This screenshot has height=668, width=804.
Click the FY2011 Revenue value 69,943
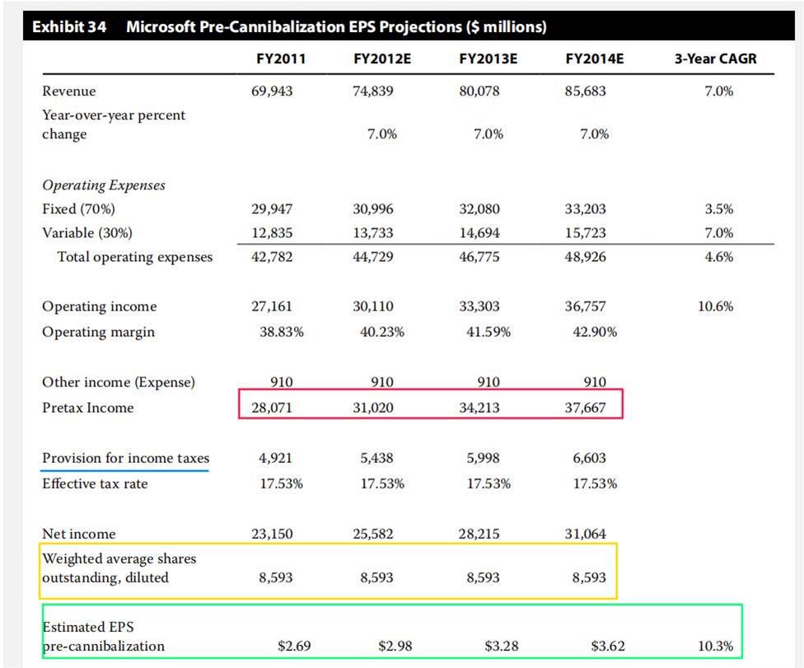271,91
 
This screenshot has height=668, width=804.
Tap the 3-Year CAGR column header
715,58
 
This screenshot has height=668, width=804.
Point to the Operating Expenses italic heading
103,185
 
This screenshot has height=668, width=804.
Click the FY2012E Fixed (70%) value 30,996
373,209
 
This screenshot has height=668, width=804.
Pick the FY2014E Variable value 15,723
585,233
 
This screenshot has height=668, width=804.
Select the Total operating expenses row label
134,257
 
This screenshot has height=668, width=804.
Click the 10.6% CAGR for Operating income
715,306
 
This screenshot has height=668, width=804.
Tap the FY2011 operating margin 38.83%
282,332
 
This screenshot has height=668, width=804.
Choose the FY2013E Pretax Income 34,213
479,408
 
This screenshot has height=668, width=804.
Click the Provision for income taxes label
125,458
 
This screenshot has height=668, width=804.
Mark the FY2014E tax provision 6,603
589,458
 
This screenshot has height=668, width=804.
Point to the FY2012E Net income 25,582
373,534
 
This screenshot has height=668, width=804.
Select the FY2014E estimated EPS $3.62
608,646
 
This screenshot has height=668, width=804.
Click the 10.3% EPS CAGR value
715,646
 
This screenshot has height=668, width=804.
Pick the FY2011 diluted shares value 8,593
275,578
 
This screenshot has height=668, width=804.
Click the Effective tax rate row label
95,483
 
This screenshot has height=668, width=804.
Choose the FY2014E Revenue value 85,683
585,91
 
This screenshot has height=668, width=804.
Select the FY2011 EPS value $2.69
294,646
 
